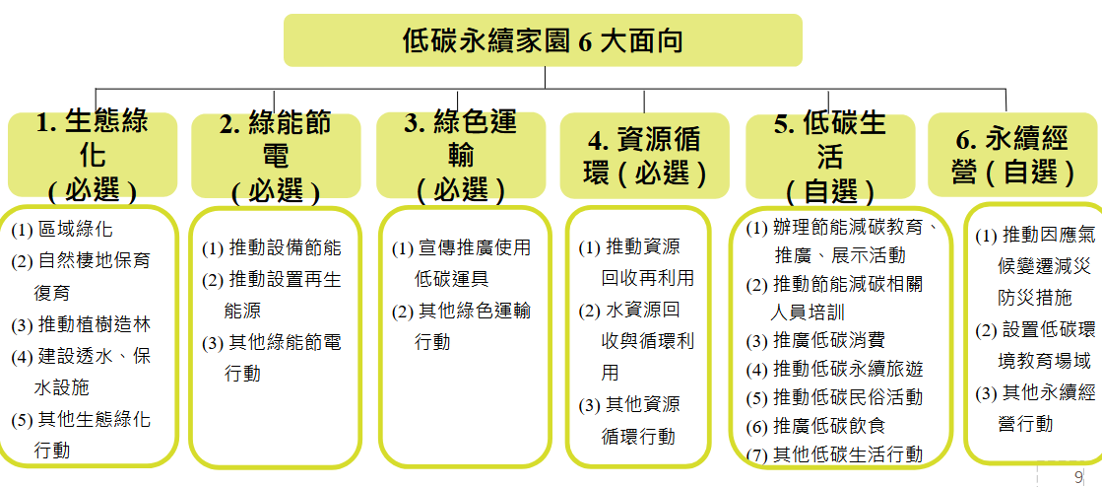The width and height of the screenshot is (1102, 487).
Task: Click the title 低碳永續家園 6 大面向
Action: pos(543,40)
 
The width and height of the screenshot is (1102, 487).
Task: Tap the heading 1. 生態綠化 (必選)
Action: pos(93,156)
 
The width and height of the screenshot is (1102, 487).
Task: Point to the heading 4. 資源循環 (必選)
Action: pos(645,156)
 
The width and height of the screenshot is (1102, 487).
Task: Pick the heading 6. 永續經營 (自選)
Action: pos(1013,156)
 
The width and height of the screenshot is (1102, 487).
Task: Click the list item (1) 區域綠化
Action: pos(62,229)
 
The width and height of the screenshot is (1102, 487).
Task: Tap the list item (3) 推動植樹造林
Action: pos(81,324)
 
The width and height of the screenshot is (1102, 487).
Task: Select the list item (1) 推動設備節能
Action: pos(272,247)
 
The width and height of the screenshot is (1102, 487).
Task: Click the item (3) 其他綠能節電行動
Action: pos(272,358)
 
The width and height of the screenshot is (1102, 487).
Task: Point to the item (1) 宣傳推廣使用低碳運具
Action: pos(461,263)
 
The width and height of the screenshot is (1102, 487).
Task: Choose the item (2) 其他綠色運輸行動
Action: pos(461,326)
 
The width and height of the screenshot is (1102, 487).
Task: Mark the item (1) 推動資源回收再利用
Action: pos(637,262)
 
